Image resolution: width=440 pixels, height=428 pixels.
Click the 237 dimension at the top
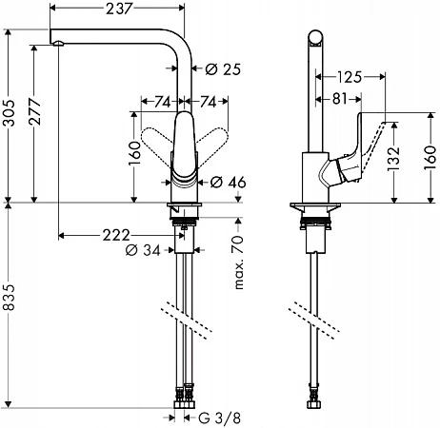click(118, 9)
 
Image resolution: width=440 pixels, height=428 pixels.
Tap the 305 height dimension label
click(10, 113)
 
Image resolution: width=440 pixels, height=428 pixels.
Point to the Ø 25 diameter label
click(223, 69)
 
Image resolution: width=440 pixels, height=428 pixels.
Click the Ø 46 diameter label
click(229, 183)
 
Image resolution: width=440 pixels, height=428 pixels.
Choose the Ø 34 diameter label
click(143, 250)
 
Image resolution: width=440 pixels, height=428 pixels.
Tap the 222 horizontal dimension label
click(116, 235)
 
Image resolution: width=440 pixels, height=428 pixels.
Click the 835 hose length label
click(10, 298)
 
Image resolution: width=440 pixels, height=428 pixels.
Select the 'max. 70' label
click(239, 262)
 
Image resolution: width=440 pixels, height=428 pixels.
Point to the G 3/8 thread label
click(220, 418)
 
